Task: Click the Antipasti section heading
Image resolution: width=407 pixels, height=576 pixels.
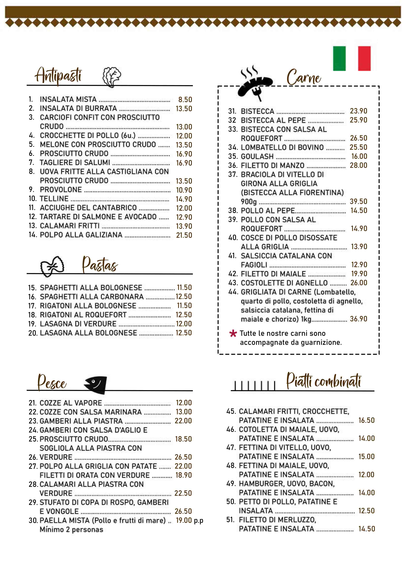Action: (58, 75)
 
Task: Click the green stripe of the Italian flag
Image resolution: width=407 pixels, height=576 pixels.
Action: (339, 58)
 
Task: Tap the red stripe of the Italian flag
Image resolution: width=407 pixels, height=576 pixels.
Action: (364, 58)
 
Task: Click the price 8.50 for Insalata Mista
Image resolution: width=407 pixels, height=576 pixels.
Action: (185, 100)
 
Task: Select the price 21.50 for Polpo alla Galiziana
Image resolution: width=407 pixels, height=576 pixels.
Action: (184, 235)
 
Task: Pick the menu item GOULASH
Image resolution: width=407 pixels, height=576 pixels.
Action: (257, 156)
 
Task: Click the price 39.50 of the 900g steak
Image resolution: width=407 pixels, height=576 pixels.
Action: (358, 201)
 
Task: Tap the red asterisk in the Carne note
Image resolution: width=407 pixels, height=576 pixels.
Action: (233, 333)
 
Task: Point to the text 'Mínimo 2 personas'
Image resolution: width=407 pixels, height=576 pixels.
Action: (71, 529)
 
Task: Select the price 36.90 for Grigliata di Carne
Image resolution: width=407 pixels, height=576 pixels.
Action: (358, 319)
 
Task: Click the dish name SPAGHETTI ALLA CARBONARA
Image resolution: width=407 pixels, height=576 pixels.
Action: (92, 297)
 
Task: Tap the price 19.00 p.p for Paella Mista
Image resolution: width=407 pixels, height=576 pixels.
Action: (189, 520)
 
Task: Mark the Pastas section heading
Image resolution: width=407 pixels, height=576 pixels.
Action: (100, 265)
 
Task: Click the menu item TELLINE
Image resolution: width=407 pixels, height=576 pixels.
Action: (54, 199)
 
